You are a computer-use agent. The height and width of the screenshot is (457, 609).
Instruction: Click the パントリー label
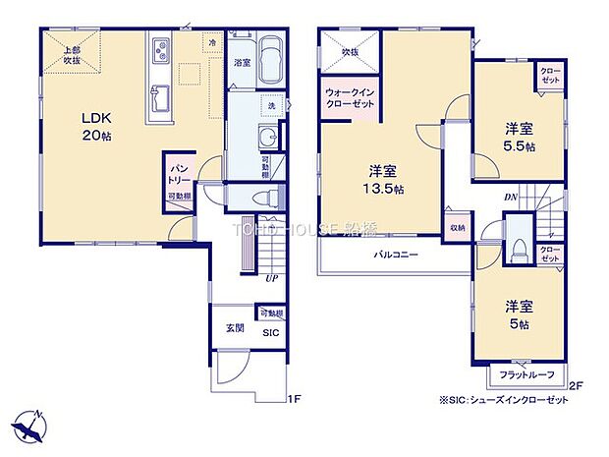178,181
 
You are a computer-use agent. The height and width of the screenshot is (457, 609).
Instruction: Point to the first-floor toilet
261,198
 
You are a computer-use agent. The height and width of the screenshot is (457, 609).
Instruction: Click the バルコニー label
396,255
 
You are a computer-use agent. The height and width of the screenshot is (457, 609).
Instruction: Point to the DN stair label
512,197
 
